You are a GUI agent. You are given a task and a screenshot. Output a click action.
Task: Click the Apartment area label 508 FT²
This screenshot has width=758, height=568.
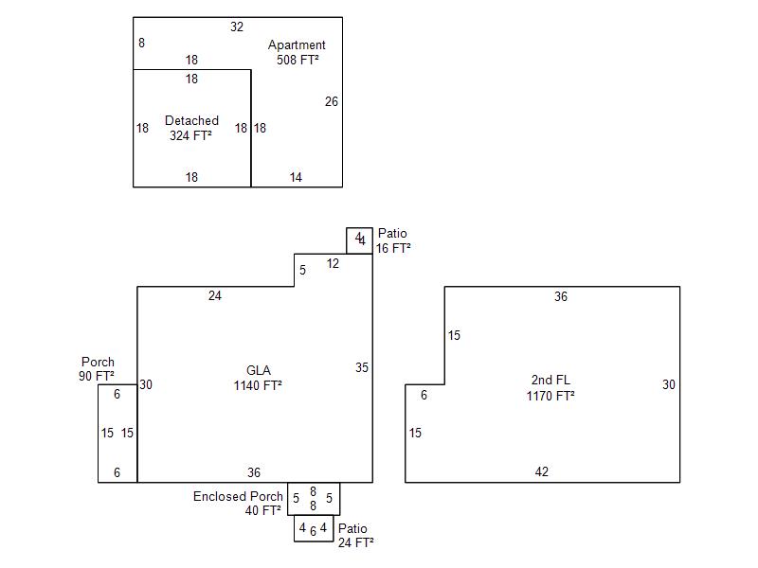[x=297, y=53]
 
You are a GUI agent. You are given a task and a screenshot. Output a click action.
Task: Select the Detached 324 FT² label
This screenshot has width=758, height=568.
[x=191, y=128]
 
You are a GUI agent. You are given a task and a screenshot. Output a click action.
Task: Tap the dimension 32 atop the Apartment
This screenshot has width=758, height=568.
[x=237, y=27]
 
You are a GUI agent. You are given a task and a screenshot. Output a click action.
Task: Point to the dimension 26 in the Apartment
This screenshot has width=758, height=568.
[x=332, y=101]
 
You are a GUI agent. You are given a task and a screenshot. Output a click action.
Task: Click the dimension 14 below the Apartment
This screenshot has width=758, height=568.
[x=296, y=177]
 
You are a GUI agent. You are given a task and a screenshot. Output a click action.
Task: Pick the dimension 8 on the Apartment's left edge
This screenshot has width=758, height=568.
[x=141, y=43]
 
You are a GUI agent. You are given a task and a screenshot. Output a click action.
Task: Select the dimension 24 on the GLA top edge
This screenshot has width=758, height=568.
[x=215, y=296]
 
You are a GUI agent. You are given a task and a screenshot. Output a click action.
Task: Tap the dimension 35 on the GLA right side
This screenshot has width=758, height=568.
[x=362, y=367]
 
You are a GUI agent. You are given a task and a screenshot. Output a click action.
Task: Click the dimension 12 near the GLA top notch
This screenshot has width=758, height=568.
[x=333, y=264]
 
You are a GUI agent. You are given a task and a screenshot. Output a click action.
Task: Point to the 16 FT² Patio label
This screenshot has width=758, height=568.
[x=393, y=241]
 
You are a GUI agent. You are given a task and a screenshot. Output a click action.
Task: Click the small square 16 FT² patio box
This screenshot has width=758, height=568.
[x=359, y=240]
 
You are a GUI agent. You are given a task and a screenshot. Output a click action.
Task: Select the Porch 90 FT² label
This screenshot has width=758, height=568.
[x=98, y=369]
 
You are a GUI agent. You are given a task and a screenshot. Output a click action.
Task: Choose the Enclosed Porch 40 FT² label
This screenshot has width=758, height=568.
[x=238, y=504]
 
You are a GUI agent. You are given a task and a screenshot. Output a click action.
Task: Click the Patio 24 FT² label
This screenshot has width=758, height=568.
[x=354, y=536]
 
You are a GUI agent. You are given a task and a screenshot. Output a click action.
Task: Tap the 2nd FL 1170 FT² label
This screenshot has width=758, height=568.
[x=550, y=388]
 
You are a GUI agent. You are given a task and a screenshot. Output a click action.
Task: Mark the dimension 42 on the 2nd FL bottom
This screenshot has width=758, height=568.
[x=541, y=471]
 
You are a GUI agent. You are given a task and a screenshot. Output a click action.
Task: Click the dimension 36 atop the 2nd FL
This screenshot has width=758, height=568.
[x=561, y=297]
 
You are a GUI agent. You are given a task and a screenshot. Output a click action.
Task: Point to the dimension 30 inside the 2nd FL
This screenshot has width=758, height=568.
[x=669, y=384]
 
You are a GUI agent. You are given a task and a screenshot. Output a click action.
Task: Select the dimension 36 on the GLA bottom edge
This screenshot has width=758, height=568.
[x=254, y=472]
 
